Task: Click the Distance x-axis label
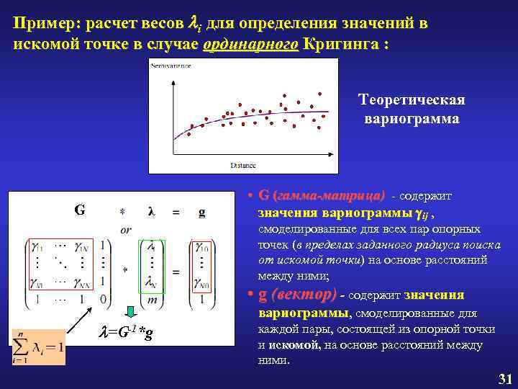242,165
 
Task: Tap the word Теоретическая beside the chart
412,99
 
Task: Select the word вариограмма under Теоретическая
412,117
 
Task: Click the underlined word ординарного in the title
250,43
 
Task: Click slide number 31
504,379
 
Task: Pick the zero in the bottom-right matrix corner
105,298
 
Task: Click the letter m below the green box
151,298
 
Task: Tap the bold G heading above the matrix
79,211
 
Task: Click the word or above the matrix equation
126,229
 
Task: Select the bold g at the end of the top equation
201,213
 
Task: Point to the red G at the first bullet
263,195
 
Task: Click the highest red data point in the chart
284,95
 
